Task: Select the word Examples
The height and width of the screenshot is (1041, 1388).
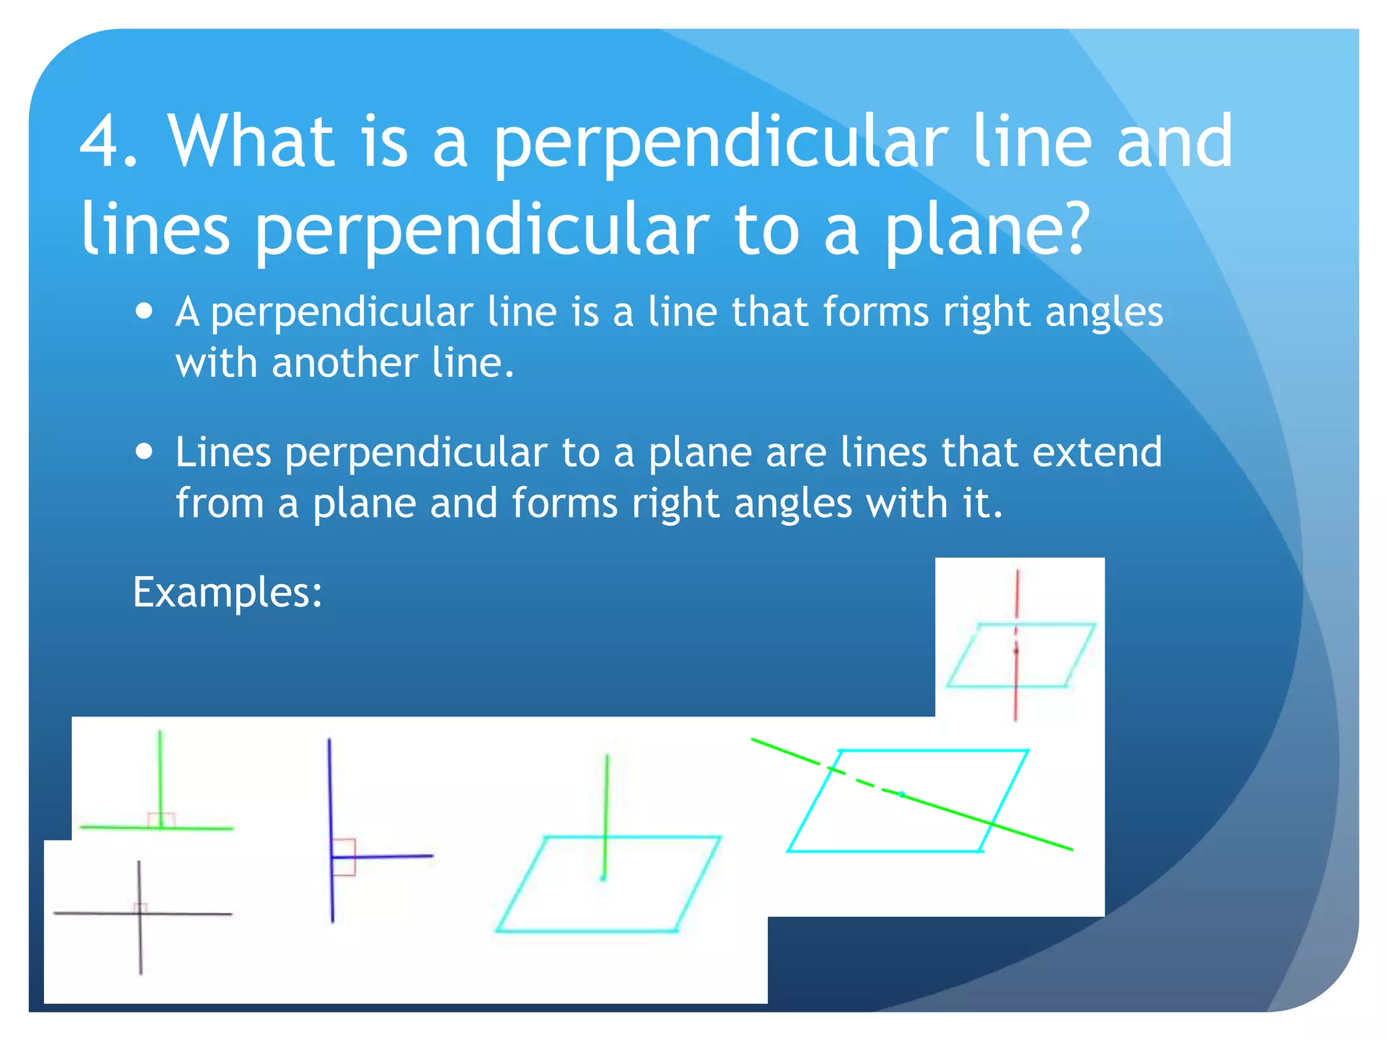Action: [x=226, y=592]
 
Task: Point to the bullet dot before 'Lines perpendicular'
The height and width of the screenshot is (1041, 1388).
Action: [x=144, y=451]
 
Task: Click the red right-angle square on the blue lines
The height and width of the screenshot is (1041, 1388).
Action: [x=344, y=857]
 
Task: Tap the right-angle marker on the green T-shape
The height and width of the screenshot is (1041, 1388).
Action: [x=161, y=820]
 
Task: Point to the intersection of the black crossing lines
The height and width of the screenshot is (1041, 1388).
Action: [x=140, y=914]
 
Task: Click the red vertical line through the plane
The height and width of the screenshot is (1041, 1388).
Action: [x=1017, y=596]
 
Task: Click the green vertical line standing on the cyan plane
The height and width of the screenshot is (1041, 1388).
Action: [x=607, y=800]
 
